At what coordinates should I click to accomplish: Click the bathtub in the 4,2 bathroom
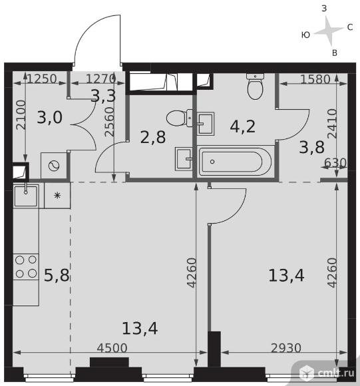click(x=236, y=162)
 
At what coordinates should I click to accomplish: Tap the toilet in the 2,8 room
click(x=180, y=118)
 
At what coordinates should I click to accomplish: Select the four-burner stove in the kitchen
click(x=25, y=267)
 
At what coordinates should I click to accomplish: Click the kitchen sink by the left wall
click(x=25, y=196)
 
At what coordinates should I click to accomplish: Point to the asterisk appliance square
click(x=57, y=196)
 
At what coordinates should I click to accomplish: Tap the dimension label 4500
click(x=112, y=348)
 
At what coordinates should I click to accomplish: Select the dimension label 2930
click(x=286, y=348)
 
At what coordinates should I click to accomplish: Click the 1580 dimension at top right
click(x=315, y=79)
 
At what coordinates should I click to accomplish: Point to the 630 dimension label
click(x=335, y=163)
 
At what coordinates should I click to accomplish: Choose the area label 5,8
click(x=57, y=275)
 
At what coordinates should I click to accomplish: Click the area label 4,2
click(x=243, y=126)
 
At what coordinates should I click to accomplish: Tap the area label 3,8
click(x=312, y=147)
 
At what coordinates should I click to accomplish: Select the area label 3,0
click(x=50, y=117)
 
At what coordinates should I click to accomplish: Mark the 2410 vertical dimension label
click(x=332, y=123)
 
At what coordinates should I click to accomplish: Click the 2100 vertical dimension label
click(x=21, y=115)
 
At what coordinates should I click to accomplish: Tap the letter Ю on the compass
click(x=305, y=35)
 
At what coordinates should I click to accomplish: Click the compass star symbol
click(x=329, y=31)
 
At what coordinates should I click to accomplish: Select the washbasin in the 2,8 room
click(x=183, y=159)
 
